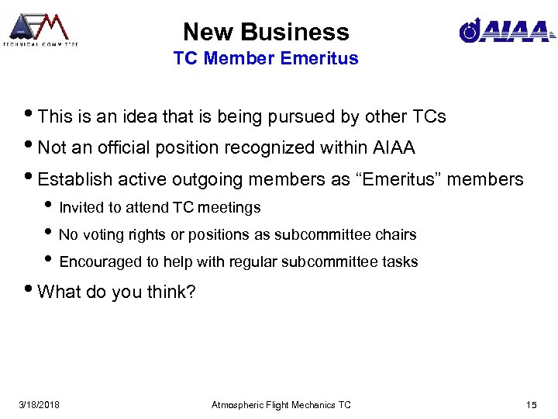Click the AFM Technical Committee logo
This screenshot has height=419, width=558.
[40, 29]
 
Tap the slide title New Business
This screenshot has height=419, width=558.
[266, 32]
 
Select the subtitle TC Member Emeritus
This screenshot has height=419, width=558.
[266, 58]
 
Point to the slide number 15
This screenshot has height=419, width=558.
[531, 405]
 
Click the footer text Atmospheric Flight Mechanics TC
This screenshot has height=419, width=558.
[281, 405]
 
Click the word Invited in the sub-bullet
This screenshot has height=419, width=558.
[78, 208]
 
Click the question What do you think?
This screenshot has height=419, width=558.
[116, 292]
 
